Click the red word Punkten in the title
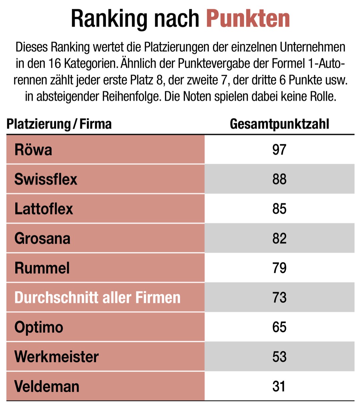pyautogui.click(x=248, y=19)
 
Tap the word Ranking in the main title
pyautogui.click(x=109, y=19)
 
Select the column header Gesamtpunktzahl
pyautogui.click(x=279, y=124)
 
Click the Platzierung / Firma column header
pyautogui.click(x=59, y=124)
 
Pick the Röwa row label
pyautogui.click(x=33, y=150)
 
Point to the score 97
pyautogui.click(x=279, y=149)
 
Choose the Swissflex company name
pyautogui.click(x=46, y=179)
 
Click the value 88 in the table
pyautogui.click(x=279, y=179)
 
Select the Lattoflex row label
pyautogui.click(x=44, y=209)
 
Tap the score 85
pyautogui.click(x=279, y=209)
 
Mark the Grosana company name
pyautogui.click(x=42, y=239)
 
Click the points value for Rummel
pyautogui.click(x=279, y=268)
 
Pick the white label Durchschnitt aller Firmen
pyautogui.click(x=97, y=298)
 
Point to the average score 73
pyautogui.click(x=279, y=298)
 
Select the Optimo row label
pyautogui.click(x=39, y=327)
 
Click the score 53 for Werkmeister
pyautogui.click(x=279, y=357)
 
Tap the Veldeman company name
pyautogui.click(x=47, y=386)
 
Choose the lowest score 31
pyautogui.click(x=279, y=386)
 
